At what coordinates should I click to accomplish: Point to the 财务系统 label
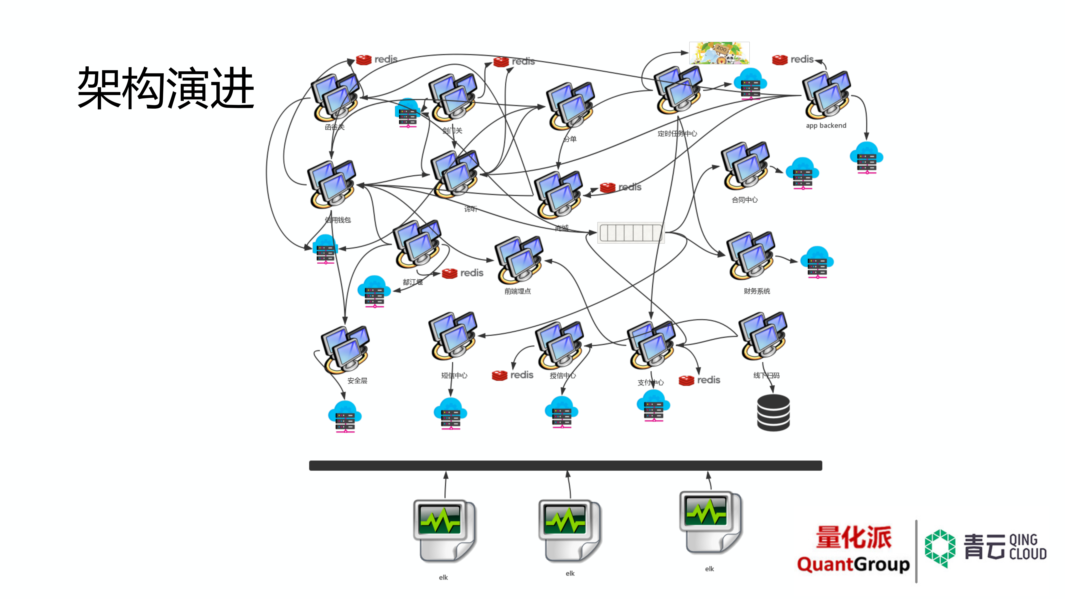pyautogui.click(x=757, y=291)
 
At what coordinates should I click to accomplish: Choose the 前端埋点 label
pyautogui.click(x=517, y=291)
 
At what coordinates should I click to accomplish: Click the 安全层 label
pyautogui.click(x=357, y=380)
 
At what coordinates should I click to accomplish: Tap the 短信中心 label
pyautogui.click(x=454, y=375)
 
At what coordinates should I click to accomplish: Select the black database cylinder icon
pyautogui.click(x=773, y=413)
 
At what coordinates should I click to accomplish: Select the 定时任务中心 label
pyautogui.click(x=677, y=134)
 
